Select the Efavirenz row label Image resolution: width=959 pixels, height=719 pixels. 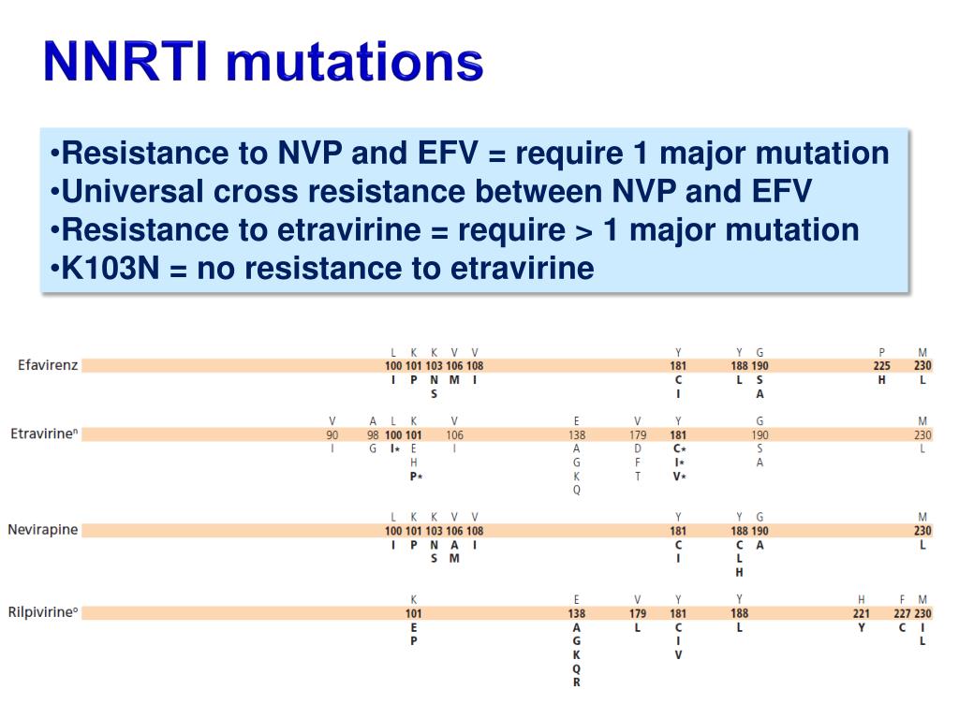coord(47,365)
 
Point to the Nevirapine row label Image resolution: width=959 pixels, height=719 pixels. coord(43,530)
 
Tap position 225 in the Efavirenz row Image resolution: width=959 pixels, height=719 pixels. coord(882,366)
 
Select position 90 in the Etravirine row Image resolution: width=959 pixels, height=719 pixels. coord(332,434)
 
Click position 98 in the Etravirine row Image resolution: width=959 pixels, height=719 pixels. coord(373,434)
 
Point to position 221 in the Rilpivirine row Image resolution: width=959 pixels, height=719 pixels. coord(861,614)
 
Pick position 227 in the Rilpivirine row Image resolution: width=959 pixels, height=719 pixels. coord(902,614)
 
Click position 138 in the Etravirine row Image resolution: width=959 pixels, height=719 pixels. coord(576,434)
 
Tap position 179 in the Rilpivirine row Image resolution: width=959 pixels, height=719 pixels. coord(638,614)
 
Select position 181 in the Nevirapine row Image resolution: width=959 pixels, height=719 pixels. coord(678,531)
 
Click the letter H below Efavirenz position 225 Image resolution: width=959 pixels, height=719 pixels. coord(882,380)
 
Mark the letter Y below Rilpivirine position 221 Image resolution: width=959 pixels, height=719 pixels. coord(861,628)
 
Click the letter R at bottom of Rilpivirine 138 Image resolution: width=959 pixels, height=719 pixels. coord(576,682)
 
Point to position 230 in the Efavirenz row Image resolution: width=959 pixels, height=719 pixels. coord(922,366)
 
